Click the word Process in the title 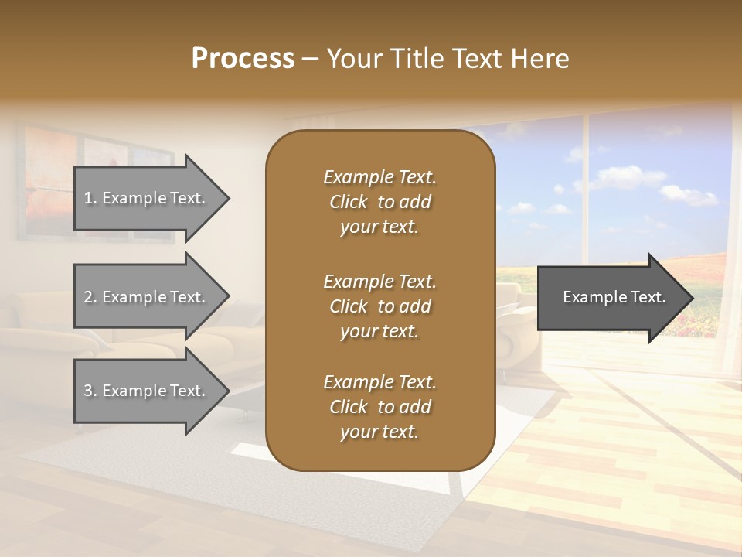point(243,59)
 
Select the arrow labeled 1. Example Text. point(147,198)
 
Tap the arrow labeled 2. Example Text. point(147,297)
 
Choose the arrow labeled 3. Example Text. point(147,391)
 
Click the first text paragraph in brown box point(380,202)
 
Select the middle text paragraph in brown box point(380,306)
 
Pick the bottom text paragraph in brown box point(380,407)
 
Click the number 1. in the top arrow point(90,198)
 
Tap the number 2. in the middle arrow point(90,297)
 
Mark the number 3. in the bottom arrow point(90,391)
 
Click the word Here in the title point(542,59)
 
